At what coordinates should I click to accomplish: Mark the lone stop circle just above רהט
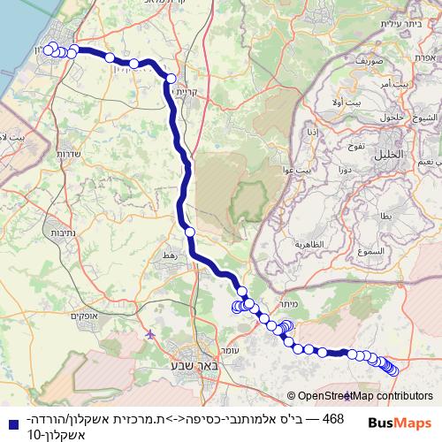coord(189,232)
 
